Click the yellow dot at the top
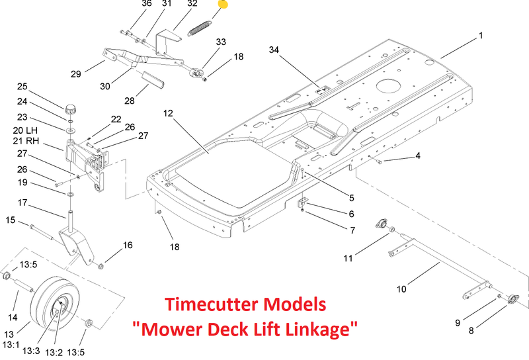pyautogui.click(x=223, y=5)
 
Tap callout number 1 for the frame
pyautogui.click(x=481, y=35)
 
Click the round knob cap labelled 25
pyautogui.click(x=70, y=108)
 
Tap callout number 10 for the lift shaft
pyautogui.click(x=401, y=289)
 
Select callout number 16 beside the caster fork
pyautogui.click(x=127, y=246)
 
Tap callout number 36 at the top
pyautogui.click(x=147, y=4)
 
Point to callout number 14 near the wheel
pyautogui.click(x=12, y=300)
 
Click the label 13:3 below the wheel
pyautogui.click(x=30, y=351)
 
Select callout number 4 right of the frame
pyautogui.click(x=417, y=156)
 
